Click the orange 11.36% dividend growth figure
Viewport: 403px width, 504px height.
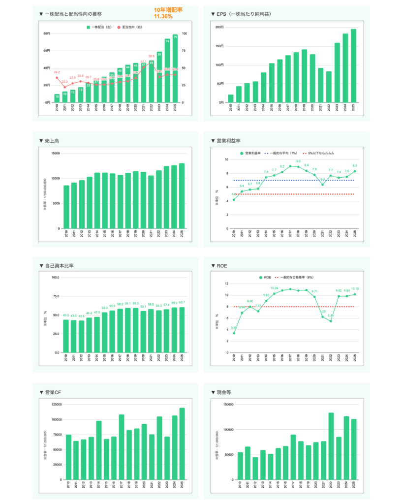[163, 16]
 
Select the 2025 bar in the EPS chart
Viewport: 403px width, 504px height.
[353, 66]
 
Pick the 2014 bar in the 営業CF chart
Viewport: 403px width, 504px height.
[98, 450]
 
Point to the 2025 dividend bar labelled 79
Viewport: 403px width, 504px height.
[175, 68]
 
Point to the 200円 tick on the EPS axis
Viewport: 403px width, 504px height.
[219, 27]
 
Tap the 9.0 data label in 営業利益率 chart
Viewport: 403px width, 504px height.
[298, 161]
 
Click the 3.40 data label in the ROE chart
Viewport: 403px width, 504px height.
[233, 328]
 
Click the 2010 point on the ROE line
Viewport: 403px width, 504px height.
[234, 333]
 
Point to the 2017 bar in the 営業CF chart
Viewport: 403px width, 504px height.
[121, 447]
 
